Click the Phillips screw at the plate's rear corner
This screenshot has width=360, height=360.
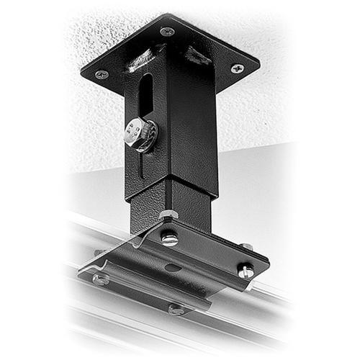(x=167, y=32)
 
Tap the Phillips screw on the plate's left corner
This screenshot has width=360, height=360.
(x=102, y=74)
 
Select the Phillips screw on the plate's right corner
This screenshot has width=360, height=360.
(x=237, y=68)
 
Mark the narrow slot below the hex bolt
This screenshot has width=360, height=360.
(x=142, y=166)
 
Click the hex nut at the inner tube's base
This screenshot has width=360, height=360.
(x=168, y=215)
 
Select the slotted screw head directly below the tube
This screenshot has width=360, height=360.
(x=170, y=238)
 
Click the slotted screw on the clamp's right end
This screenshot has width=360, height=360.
(x=246, y=271)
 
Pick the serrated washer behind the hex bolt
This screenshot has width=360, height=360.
(x=150, y=136)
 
